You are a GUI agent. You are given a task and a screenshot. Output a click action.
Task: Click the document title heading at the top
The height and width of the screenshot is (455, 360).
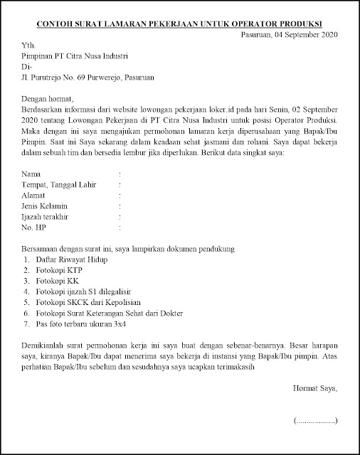pyautogui.click(x=180, y=23)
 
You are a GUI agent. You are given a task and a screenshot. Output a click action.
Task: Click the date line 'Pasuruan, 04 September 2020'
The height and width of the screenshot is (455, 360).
pyautogui.click(x=288, y=35)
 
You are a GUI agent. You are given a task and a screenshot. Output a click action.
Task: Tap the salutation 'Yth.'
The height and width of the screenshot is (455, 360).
pyautogui.click(x=29, y=47)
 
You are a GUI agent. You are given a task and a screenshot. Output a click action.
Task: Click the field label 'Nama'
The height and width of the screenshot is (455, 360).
pyautogui.click(x=32, y=173)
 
